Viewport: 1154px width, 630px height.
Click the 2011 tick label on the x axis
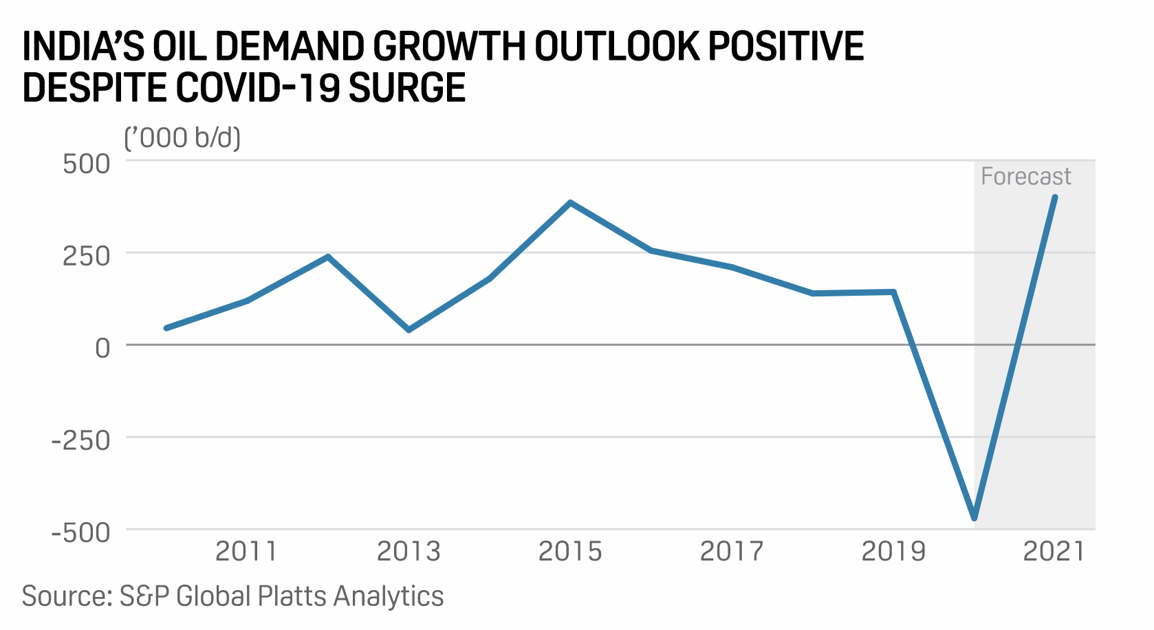[246, 552]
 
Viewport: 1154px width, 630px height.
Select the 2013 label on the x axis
[409, 552]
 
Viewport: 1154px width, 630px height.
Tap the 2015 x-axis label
[570, 552]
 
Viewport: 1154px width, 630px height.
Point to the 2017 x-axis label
[732, 552]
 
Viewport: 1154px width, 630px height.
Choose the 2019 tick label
[893, 552]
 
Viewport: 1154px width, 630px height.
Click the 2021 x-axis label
[1054, 552]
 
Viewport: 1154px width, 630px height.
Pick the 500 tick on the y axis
[87, 164]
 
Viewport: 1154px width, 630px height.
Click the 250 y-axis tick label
[87, 257]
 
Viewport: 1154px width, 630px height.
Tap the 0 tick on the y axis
[102, 349]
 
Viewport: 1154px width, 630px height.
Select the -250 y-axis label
[81, 441]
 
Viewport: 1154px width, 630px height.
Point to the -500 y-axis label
[81, 533]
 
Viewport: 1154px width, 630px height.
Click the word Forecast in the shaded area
[1025, 177]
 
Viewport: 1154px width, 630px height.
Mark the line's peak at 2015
[570, 203]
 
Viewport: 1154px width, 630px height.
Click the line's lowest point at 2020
[975, 518]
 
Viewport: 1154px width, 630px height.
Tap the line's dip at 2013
[409, 330]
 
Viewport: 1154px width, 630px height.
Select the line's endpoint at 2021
[1055, 197]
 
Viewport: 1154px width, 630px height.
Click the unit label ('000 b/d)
[182, 138]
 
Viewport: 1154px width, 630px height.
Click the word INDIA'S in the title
[83, 47]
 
